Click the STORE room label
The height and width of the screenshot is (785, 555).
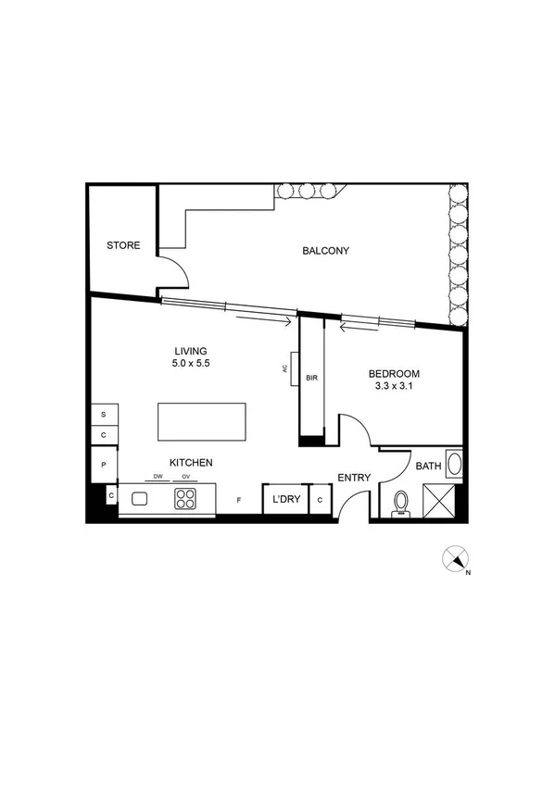coord(123,245)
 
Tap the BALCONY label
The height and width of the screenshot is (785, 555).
coord(326,251)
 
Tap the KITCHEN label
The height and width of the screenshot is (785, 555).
coord(192,462)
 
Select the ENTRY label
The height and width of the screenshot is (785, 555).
coord(355,478)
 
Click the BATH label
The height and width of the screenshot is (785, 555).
coord(428,467)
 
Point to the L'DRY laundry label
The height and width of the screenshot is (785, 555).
coord(285,499)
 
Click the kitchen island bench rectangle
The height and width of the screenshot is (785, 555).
coord(203,422)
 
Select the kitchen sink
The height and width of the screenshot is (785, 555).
coord(141,499)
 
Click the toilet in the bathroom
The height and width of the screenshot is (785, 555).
coord(401,501)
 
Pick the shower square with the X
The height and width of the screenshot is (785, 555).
coord(440,500)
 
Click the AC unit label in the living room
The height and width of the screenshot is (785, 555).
coord(285,368)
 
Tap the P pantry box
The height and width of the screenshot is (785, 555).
coord(104,464)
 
